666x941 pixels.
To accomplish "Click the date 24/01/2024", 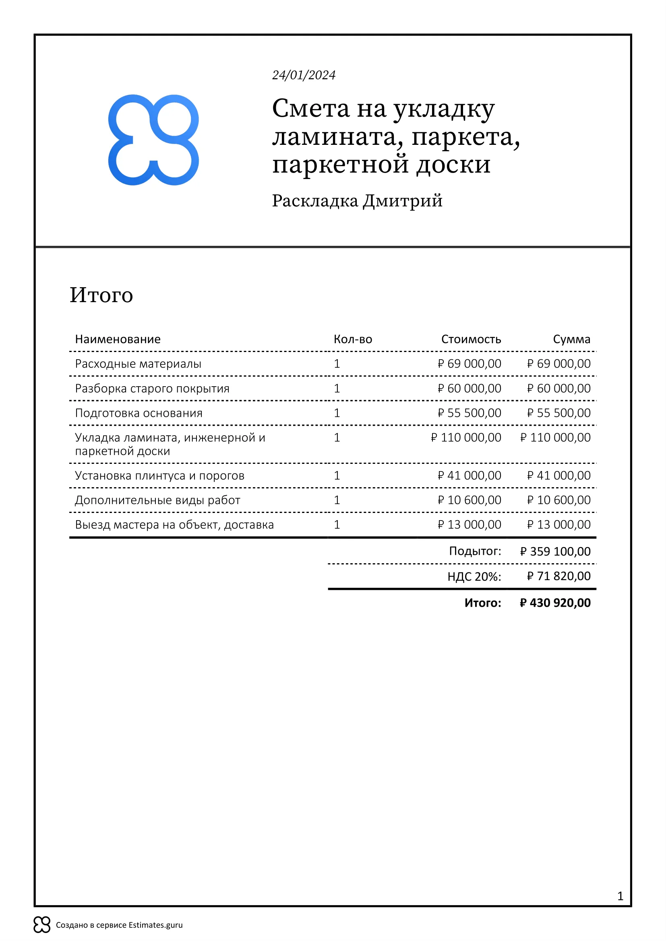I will coord(304,75).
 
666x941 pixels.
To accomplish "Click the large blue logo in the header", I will coord(153,140).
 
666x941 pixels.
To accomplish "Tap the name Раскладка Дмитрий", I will coord(357,201).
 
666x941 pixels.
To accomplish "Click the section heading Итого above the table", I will coord(101,295).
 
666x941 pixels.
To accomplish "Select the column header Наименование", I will coord(118,340).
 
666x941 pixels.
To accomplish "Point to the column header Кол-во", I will coord(353,340).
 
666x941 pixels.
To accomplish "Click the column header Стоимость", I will coord(471,340).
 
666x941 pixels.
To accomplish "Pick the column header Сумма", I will coord(571,340).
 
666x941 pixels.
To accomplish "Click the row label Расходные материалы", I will coord(138,364).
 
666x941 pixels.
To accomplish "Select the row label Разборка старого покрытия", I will coord(152,389).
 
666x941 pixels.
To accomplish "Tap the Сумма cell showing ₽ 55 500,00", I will coord(558,413).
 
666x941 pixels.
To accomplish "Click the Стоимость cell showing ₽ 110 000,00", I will coord(466,438).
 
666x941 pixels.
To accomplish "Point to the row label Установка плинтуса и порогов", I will coord(159,476).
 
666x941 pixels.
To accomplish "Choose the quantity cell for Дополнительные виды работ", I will coord(337,500).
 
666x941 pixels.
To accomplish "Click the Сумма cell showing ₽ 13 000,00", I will coord(558,525).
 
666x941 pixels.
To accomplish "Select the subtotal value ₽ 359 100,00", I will coord(555,552).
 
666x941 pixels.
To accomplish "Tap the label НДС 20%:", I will coord(474,577).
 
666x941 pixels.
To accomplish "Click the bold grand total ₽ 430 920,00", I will coord(555,603).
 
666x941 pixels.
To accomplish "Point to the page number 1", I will coord(620,896).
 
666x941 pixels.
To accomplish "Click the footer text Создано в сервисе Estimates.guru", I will coord(119,925).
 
